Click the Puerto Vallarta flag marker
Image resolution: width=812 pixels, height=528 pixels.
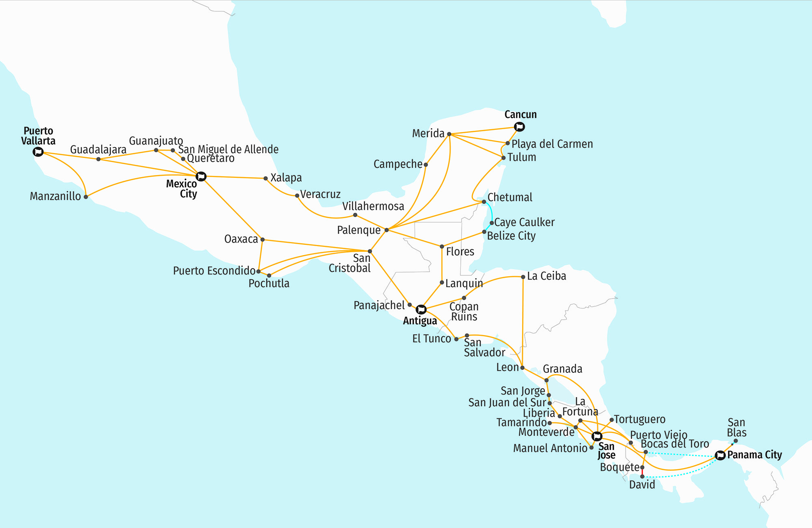pos(38,152)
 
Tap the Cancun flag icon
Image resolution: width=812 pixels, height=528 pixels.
pos(519,127)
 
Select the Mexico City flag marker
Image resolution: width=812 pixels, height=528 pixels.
pos(201,176)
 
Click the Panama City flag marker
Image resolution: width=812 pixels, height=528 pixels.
pos(720,455)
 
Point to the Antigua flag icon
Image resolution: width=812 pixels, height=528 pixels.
pos(421,309)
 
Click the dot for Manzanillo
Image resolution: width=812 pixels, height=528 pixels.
pos(86,197)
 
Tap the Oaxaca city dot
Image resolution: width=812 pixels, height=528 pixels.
pos(262,240)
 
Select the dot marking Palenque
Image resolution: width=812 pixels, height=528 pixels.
pos(387,230)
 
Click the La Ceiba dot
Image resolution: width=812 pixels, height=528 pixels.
pos(523,277)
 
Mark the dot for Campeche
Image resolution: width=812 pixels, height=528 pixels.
pos(425,164)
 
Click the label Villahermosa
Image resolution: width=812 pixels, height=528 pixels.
pos(373,206)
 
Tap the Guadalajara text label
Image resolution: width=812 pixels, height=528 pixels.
pos(98,149)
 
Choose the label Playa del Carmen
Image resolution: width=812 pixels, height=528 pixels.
pos(552,144)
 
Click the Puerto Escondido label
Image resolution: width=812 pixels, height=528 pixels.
pos(214,270)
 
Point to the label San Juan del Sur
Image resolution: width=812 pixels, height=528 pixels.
pos(507,402)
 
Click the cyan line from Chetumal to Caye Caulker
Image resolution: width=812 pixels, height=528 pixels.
pos(491,211)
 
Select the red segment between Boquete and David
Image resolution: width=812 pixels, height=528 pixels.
pos(642,472)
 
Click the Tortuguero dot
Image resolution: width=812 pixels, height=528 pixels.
pos(611,420)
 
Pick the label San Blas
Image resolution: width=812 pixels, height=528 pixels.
pos(736,427)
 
